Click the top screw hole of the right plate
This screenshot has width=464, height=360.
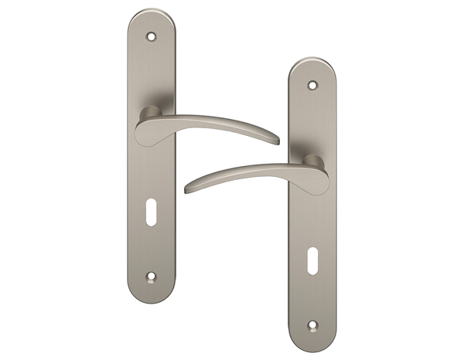[x=312, y=85]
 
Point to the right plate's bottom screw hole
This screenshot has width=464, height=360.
[x=312, y=324]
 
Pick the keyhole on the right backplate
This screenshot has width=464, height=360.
[x=312, y=258]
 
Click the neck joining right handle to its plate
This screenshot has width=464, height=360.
[x=311, y=161]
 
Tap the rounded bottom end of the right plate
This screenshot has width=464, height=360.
[x=312, y=345]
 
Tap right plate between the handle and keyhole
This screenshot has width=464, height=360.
[x=312, y=224]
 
